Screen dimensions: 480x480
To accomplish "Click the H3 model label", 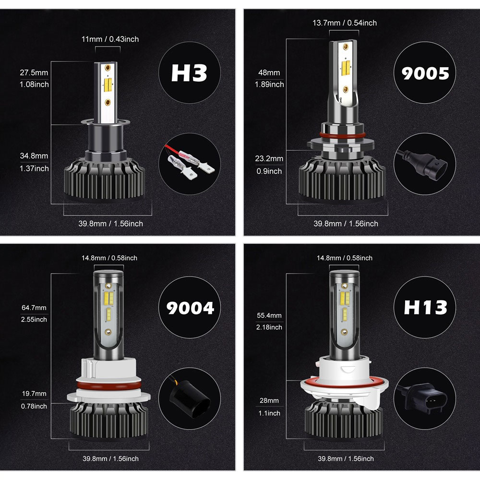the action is [x=189, y=73].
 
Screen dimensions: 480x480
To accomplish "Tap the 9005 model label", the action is [x=425, y=73].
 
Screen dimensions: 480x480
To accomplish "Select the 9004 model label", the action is [x=190, y=308].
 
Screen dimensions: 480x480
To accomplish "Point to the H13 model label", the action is [x=425, y=307].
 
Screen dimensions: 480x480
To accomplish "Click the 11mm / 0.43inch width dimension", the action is [x=110, y=39].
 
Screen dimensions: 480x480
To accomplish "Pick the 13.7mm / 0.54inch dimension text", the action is [x=344, y=23].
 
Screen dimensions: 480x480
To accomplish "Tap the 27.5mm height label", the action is [x=34, y=72].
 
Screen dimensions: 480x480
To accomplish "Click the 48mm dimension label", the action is [x=269, y=72].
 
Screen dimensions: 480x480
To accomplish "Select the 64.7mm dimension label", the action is [x=34, y=308].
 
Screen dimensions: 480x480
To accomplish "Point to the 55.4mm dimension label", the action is [x=269, y=315].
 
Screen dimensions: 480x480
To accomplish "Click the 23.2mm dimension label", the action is [x=269, y=158].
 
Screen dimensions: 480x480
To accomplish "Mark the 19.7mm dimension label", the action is [x=34, y=394].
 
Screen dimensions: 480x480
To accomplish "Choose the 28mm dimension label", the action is [x=269, y=400].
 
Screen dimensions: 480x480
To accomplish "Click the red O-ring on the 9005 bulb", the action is [x=342, y=135].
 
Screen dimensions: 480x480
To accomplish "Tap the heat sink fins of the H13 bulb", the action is [x=344, y=420].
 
